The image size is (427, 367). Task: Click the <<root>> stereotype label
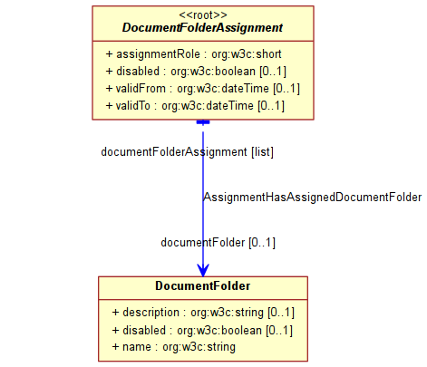coord(203,14)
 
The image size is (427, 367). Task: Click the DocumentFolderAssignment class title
coord(202,28)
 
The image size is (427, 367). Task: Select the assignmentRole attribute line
coord(193,54)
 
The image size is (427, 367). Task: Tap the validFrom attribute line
coord(202,89)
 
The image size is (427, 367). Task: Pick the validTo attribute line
coord(195,106)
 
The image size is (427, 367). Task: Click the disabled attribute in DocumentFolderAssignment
coord(196,72)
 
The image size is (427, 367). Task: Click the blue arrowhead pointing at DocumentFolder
coord(203,270)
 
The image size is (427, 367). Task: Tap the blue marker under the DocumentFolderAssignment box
coord(203,122)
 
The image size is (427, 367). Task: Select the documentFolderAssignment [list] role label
coord(187,152)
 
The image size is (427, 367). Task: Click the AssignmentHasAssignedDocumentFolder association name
coord(313,198)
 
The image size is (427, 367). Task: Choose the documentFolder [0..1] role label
coord(218,243)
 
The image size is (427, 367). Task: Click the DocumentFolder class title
coord(203,285)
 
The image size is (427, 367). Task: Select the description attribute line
coord(203,313)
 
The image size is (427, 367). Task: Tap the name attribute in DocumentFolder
coord(173,347)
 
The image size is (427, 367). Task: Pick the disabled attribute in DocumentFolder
coord(202,330)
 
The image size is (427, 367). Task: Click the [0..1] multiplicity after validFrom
coord(286,89)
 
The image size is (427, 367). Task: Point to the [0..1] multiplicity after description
coord(281,313)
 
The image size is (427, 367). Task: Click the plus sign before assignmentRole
coord(109,54)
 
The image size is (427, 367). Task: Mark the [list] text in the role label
coord(263,152)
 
